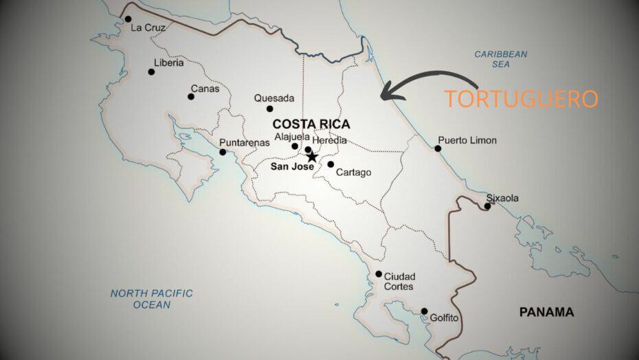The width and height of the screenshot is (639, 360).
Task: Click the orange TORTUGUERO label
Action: pyautogui.click(x=520, y=98)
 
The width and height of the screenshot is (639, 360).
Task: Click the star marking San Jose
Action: pyautogui.click(x=312, y=157)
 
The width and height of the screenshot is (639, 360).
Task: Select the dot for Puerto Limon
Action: pyautogui.click(x=438, y=148)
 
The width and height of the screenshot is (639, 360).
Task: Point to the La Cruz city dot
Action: pyautogui.click(x=128, y=19)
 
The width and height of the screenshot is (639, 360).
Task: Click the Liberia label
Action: pyautogui.click(x=168, y=63)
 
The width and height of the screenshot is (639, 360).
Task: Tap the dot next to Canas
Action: pyautogui.click(x=191, y=96)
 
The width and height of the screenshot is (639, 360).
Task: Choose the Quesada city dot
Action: pyautogui.click(x=269, y=109)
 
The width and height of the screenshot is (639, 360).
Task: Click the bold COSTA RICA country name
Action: pyautogui.click(x=311, y=124)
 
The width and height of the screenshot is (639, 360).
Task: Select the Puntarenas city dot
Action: pyautogui.click(x=223, y=152)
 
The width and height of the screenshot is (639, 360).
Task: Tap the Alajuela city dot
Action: pyautogui.click(x=295, y=146)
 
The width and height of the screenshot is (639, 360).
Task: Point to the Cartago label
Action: pyautogui.click(x=353, y=172)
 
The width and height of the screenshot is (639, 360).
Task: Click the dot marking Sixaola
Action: pyautogui.click(x=487, y=206)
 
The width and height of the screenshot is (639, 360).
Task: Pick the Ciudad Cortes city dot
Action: pyautogui.click(x=379, y=274)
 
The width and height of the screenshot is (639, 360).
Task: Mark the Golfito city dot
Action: pyautogui.click(x=424, y=311)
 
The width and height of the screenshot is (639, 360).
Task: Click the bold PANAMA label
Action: pyautogui.click(x=546, y=312)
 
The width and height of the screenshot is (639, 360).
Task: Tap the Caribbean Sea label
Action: pyautogui.click(x=501, y=58)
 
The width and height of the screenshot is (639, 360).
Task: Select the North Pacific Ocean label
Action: pyautogui.click(x=152, y=299)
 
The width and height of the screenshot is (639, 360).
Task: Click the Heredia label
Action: pyautogui.click(x=330, y=140)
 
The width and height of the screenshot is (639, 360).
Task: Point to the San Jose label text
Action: pyautogui.click(x=292, y=166)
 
